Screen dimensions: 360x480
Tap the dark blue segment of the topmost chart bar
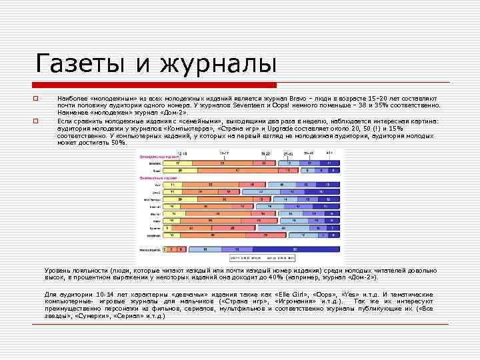tap(329, 163)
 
